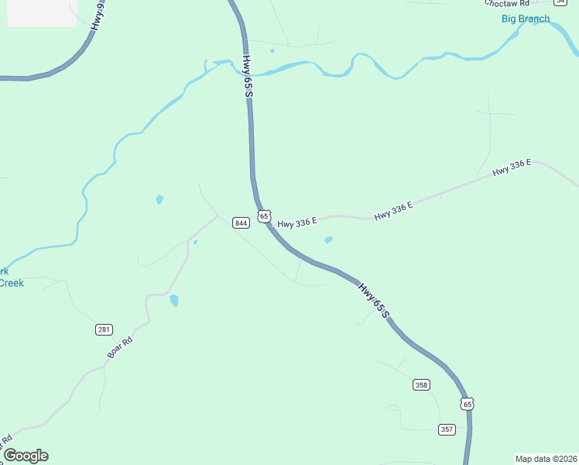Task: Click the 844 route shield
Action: [241, 223]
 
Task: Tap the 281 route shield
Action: [104, 329]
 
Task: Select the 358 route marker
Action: [421, 384]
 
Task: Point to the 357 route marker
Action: [447, 429]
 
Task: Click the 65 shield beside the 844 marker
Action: [265, 215]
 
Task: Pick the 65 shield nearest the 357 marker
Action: [466, 404]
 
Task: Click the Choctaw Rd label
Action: [507, 3]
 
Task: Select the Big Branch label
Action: [526, 19]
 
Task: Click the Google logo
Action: [26, 456]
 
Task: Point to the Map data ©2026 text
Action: [546, 459]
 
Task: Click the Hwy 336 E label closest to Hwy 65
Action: [297, 222]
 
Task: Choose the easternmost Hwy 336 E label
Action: [512, 167]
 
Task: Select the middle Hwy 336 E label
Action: [393, 211]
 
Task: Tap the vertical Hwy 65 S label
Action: [248, 76]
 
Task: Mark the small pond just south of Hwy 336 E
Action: [328, 240]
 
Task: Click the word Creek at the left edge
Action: [11, 283]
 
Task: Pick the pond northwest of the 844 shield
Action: [159, 199]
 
